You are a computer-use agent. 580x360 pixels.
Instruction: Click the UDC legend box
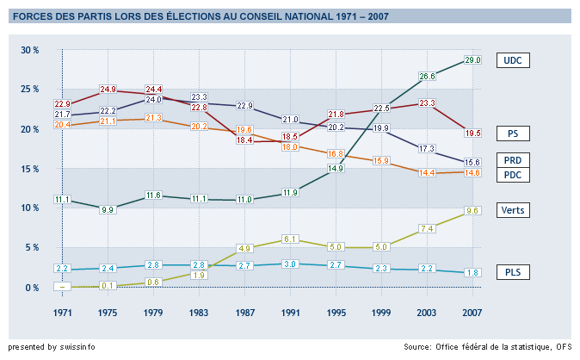tap(515, 60)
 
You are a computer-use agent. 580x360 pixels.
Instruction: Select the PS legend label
tap(515, 133)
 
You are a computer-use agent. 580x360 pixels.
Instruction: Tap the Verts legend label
tap(515, 210)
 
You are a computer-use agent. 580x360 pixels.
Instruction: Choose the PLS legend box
tap(515, 273)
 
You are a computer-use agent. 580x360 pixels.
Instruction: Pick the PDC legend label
tap(515, 176)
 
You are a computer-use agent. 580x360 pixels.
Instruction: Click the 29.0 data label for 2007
tap(472, 60)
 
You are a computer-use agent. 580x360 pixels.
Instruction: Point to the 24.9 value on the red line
tap(108, 90)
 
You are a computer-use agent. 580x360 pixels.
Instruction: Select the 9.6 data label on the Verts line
tap(472, 210)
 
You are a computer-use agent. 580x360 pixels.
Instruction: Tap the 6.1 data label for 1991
tap(291, 239)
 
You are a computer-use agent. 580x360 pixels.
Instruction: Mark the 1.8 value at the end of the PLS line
tap(472, 273)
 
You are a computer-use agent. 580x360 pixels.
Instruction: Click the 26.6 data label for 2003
tap(427, 77)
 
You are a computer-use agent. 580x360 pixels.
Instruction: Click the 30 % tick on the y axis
tap(30, 51)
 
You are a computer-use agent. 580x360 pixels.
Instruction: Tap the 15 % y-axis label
tap(30, 169)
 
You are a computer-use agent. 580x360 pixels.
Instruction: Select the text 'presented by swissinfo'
tap(52, 347)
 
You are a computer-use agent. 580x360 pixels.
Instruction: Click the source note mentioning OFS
tap(488, 347)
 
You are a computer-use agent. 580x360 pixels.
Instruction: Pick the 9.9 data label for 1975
tap(108, 209)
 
